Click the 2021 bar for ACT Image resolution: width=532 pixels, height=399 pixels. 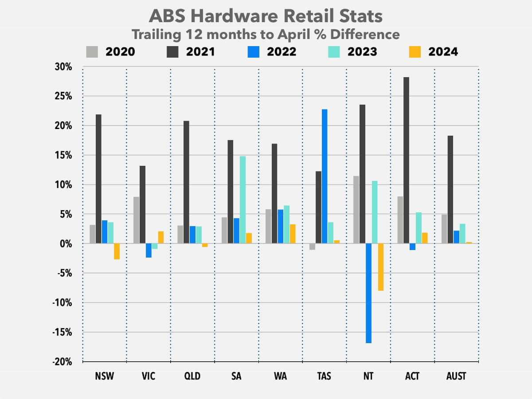pyautogui.click(x=406, y=160)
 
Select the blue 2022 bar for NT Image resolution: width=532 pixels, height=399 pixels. pyautogui.click(x=368, y=293)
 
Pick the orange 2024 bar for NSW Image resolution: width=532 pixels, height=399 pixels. pyautogui.click(x=117, y=251)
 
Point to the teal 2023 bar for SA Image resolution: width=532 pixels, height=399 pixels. pyautogui.click(x=242, y=199)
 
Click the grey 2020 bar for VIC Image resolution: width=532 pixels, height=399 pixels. pyautogui.click(x=136, y=220)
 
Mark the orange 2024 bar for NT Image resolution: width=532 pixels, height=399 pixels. pyautogui.click(x=380, y=267)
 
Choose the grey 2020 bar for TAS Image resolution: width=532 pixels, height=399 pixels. pyautogui.click(x=313, y=247)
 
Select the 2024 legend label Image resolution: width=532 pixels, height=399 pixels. pyautogui.click(x=443, y=52)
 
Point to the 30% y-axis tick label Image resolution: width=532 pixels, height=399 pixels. pyautogui.click(x=63, y=67)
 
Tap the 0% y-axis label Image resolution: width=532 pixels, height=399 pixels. pyautogui.click(x=66, y=243)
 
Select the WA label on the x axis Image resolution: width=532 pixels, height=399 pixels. pyautogui.click(x=280, y=376)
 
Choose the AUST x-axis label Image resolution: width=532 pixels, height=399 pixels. pyautogui.click(x=456, y=376)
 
